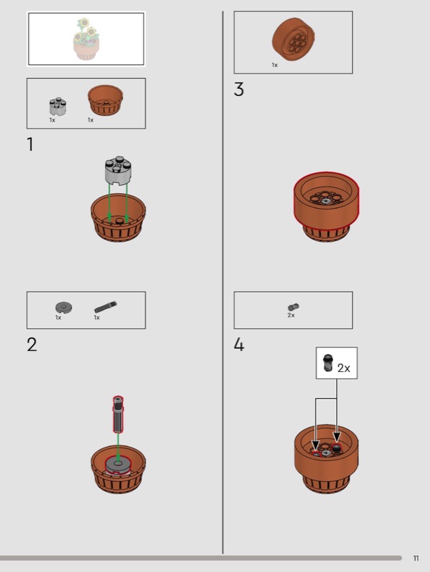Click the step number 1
coord(30,144)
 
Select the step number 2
coord(31,345)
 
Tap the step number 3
coord(239,89)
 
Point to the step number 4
coord(239,345)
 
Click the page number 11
coord(416,558)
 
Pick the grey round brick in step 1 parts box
coord(58,107)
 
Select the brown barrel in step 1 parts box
coord(105,100)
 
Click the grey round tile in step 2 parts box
coord(64,307)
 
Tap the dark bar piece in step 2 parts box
coord(106,307)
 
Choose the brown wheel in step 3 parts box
coord(294,39)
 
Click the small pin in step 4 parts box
coord(294,307)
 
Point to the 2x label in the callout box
coord(344,368)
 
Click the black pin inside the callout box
coord(328,363)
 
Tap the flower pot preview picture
coord(86,39)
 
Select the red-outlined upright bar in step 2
coord(118,415)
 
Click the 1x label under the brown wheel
coord(274,65)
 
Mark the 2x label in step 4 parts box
coord(291,315)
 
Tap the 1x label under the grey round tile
coord(59,317)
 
